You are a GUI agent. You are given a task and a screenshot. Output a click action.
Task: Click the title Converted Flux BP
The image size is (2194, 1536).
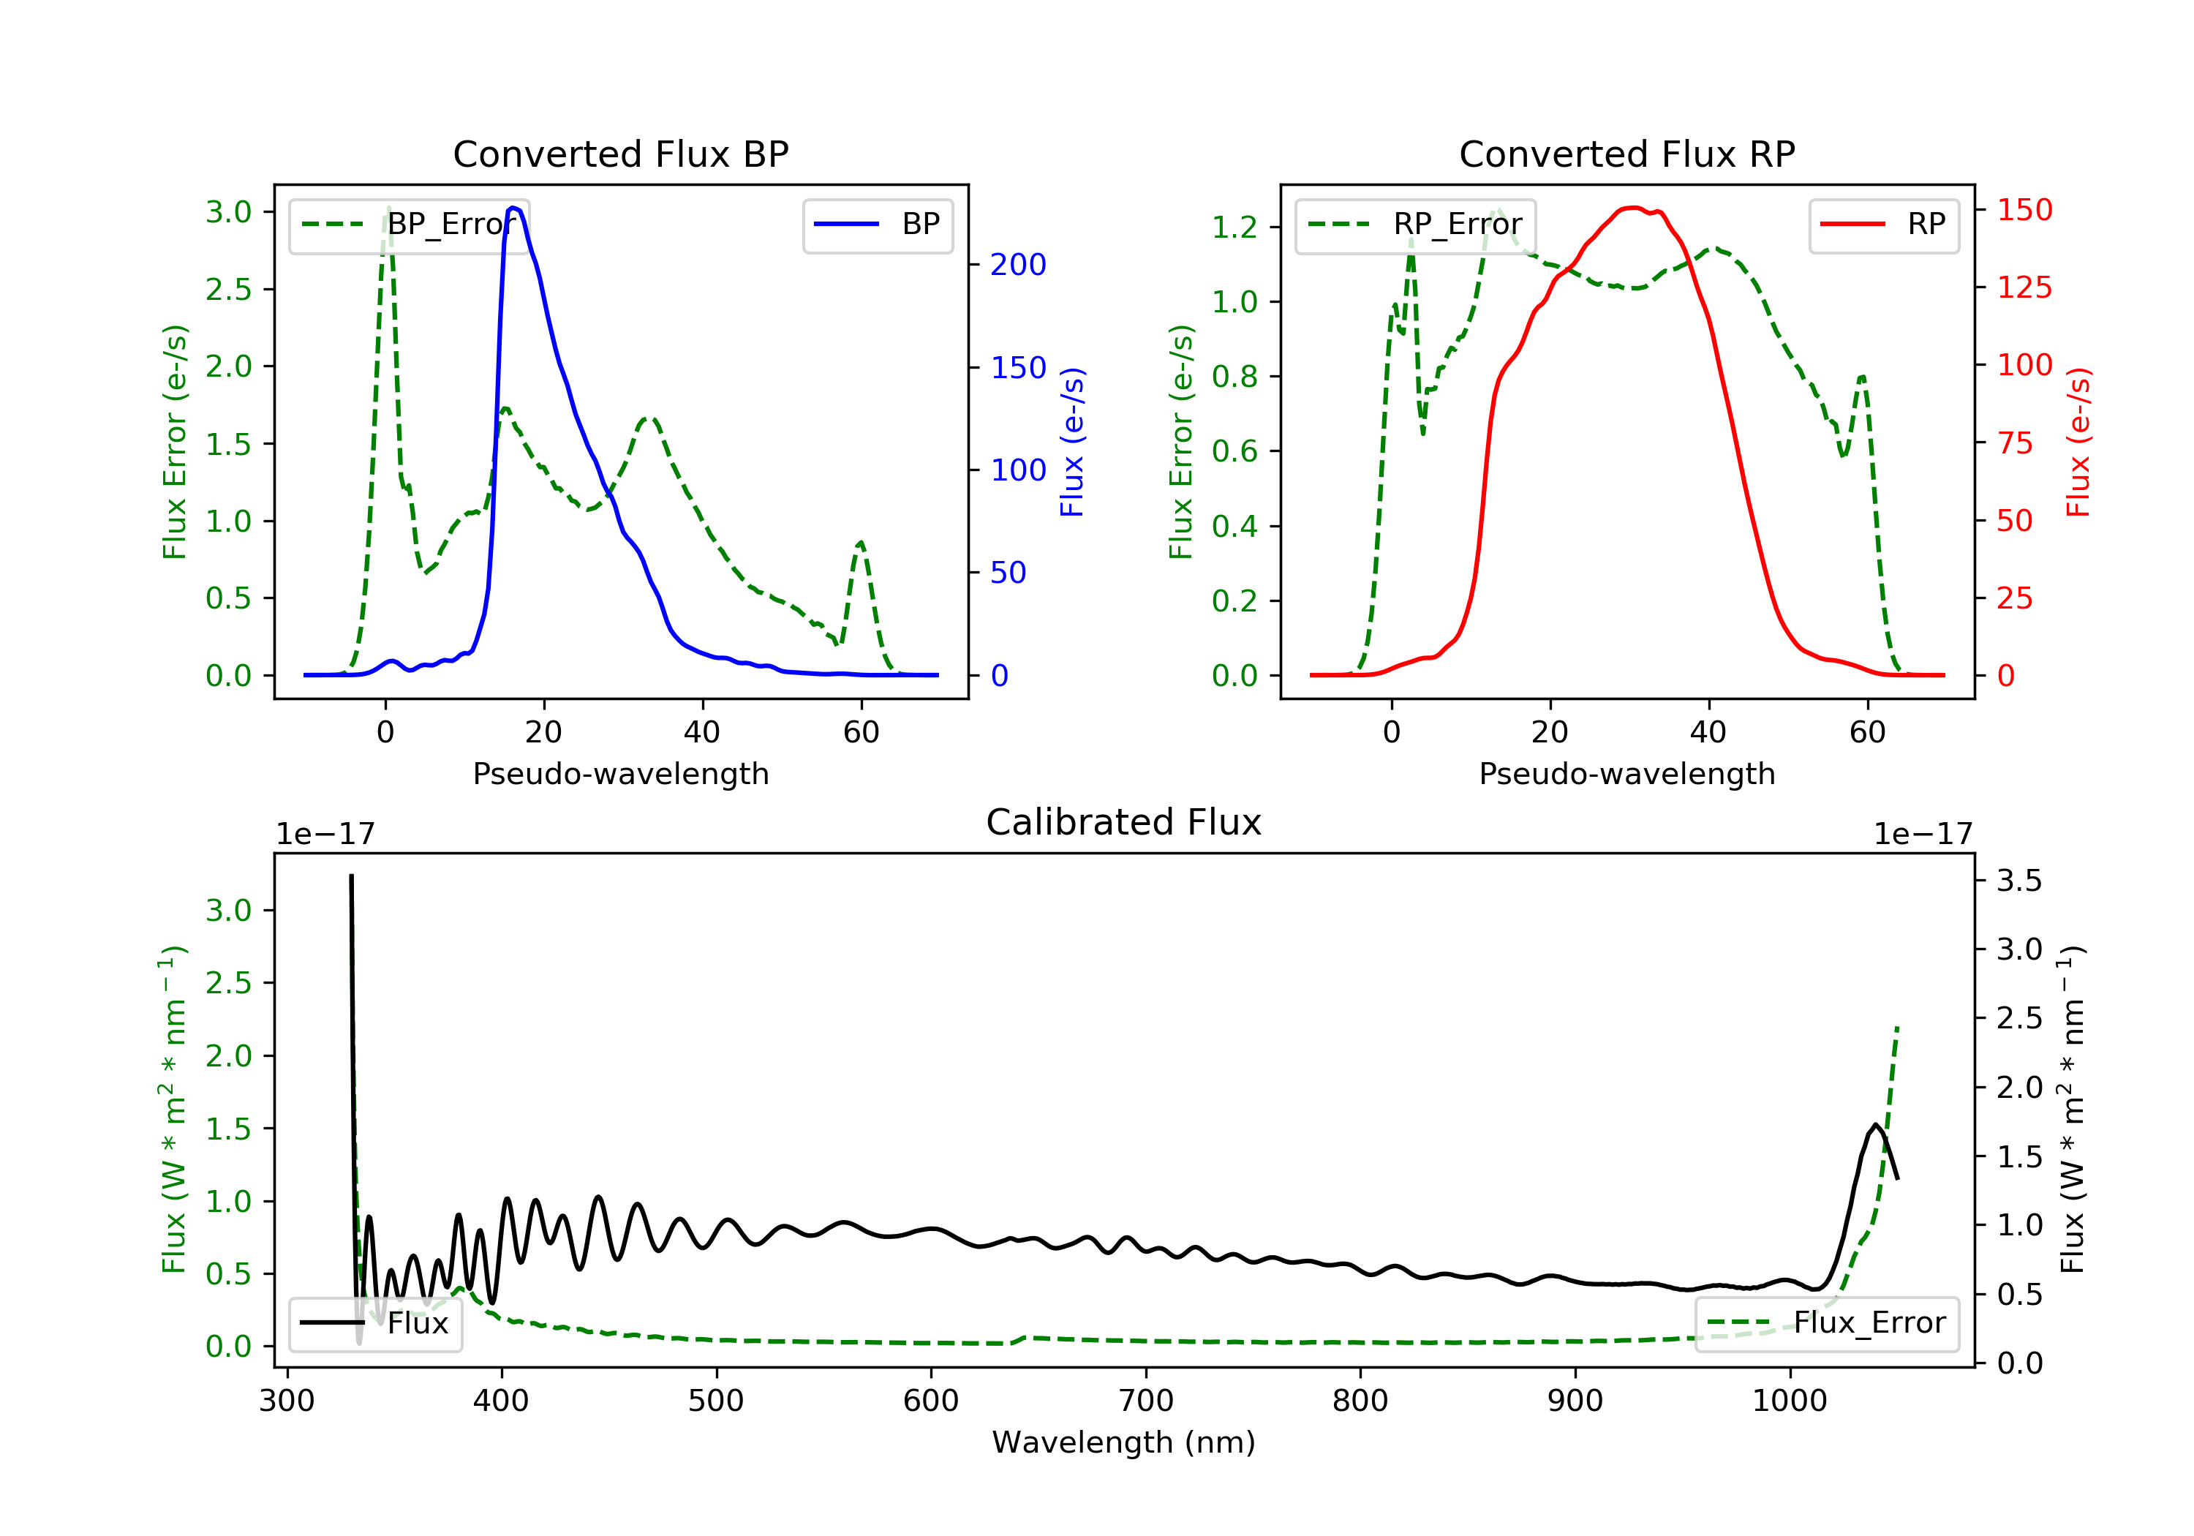620,154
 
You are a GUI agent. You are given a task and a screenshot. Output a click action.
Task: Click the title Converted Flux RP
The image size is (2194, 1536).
1626,154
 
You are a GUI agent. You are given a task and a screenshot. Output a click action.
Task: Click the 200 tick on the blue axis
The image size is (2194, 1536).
1018,265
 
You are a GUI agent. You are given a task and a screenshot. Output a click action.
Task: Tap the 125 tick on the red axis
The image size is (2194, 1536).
2024,287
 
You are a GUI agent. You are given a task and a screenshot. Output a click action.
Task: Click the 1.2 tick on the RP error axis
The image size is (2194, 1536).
1234,227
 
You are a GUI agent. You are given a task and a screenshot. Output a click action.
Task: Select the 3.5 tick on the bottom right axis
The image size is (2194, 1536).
2018,881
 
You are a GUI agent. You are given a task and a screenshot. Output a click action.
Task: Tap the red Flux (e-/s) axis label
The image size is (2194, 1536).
2079,442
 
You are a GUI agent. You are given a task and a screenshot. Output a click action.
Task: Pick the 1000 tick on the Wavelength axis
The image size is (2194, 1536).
1789,1401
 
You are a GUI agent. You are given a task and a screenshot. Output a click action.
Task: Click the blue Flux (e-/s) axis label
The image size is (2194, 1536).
1072,442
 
